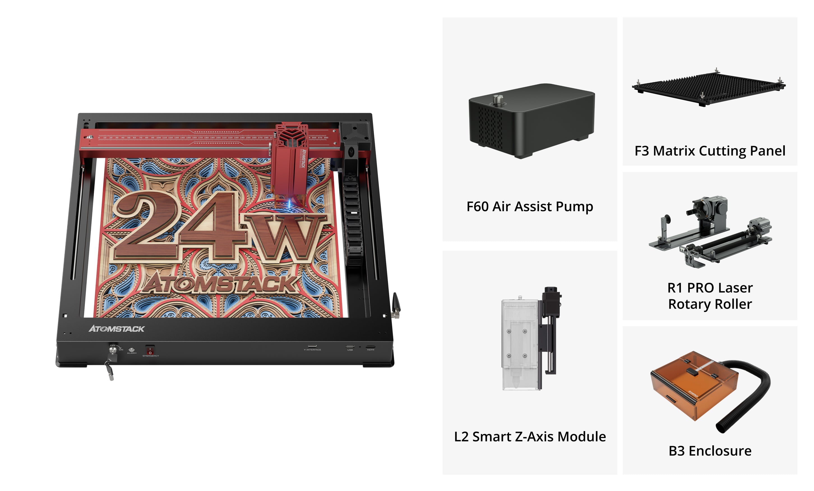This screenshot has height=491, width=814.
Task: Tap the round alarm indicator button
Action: pos(131,349)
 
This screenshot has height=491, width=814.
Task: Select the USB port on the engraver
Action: pos(350,347)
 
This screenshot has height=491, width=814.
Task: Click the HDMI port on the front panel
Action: pos(370,347)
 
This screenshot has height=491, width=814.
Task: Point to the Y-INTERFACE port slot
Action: pos(312,346)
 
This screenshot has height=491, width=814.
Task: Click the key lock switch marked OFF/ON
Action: pos(113,349)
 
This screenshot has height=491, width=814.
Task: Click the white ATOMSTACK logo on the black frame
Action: pos(117,329)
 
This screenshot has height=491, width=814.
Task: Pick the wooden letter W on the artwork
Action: pos(284,236)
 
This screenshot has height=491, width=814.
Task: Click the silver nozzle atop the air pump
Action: pos(498,99)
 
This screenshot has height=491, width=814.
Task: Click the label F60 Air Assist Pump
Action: pos(529,207)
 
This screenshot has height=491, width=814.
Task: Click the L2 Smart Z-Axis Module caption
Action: pos(529,437)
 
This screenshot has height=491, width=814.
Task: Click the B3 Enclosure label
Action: pos(710,451)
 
